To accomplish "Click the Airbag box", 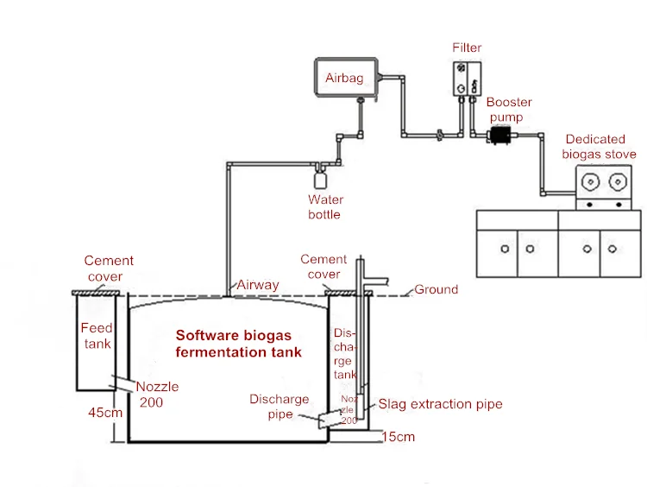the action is click(346, 78).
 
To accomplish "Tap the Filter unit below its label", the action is click(467, 79).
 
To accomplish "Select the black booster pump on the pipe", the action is click(500, 135).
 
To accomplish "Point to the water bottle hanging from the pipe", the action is click(320, 178).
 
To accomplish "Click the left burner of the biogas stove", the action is click(590, 181).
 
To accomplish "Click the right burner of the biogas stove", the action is click(618, 181).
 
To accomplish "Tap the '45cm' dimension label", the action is click(105, 412).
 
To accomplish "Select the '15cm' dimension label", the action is click(399, 437).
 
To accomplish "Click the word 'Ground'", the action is click(437, 289).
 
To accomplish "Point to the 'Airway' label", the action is click(258, 285).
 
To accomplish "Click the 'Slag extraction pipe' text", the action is click(440, 404).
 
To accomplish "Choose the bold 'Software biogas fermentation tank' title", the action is click(238, 344).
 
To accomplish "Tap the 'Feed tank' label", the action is click(97, 335).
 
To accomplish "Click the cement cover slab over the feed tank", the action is click(96, 293).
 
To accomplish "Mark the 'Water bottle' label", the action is click(325, 207).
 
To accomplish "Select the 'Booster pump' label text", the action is click(509, 110).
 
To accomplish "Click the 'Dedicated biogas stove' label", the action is click(599, 147).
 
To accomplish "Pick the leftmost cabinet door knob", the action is click(505, 249).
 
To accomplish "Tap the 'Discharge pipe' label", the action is click(280, 407).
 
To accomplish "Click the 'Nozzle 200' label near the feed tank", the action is click(157, 394).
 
